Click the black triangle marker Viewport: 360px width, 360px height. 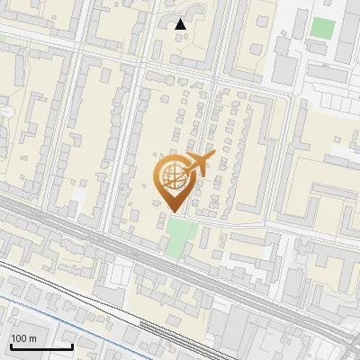[x=181, y=24]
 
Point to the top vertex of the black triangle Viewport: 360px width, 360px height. [x=181, y=19]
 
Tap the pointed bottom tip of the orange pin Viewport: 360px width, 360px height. [x=174, y=211]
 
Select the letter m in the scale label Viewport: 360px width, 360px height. [x=31, y=337]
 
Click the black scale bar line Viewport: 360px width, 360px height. [x=41, y=346]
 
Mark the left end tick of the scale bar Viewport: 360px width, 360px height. [x=11, y=345]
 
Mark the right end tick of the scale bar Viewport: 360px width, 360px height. [x=72, y=345]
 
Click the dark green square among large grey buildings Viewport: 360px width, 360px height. [x=321, y=27]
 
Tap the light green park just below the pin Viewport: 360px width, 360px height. [x=181, y=236]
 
